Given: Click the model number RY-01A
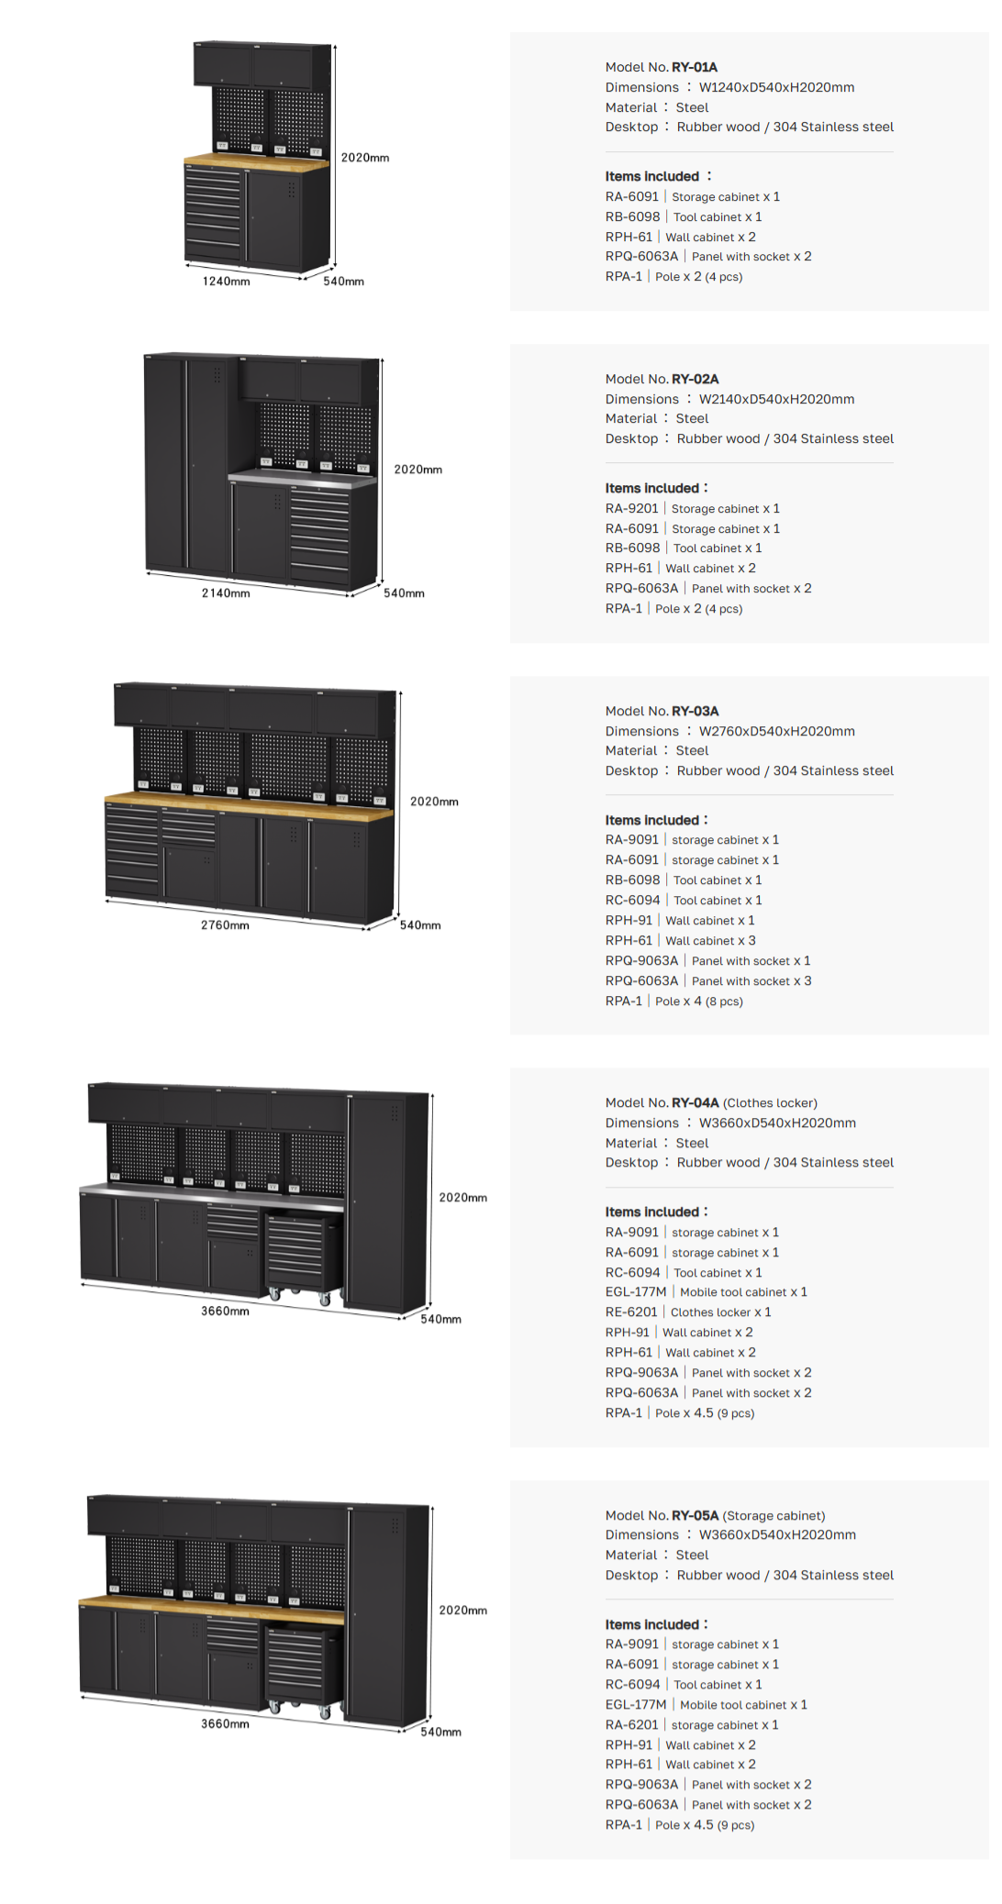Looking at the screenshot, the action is click(x=695, y=67).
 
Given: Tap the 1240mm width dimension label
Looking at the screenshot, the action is click(x=226, y=282).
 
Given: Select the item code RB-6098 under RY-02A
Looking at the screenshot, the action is click(x=632, y=548).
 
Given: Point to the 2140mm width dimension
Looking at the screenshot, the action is click(x=226, y=593).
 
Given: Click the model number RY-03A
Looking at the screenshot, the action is click(x=696, y=711).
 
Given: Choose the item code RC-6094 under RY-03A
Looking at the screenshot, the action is click(x=632, y=901).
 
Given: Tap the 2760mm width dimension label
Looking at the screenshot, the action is click(x=225, y=925).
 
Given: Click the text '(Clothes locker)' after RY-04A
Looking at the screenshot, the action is click(x=770, y=1103).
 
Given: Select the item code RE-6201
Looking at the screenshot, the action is click(x=631, y=1312).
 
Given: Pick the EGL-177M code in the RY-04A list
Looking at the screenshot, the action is click(x=636, y=1292).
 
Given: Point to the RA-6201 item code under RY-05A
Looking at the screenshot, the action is click(x=631, y=1725).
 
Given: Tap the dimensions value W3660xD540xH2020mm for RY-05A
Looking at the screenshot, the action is click(x=777, y=1535).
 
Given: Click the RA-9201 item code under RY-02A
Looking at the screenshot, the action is click(x=631, y=509).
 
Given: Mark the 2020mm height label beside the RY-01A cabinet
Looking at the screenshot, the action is click(x=365, y=158).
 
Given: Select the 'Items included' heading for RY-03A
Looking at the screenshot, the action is click(x=651, y=820).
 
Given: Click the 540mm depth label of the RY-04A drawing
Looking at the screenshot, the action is click(x=440, y=1319).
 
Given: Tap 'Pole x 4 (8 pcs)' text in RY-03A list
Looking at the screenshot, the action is click(x=699, y=1002).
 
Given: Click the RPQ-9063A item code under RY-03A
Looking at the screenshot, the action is click(x=641, y=961).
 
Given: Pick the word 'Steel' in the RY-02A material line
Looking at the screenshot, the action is click(x=692, y=419).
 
